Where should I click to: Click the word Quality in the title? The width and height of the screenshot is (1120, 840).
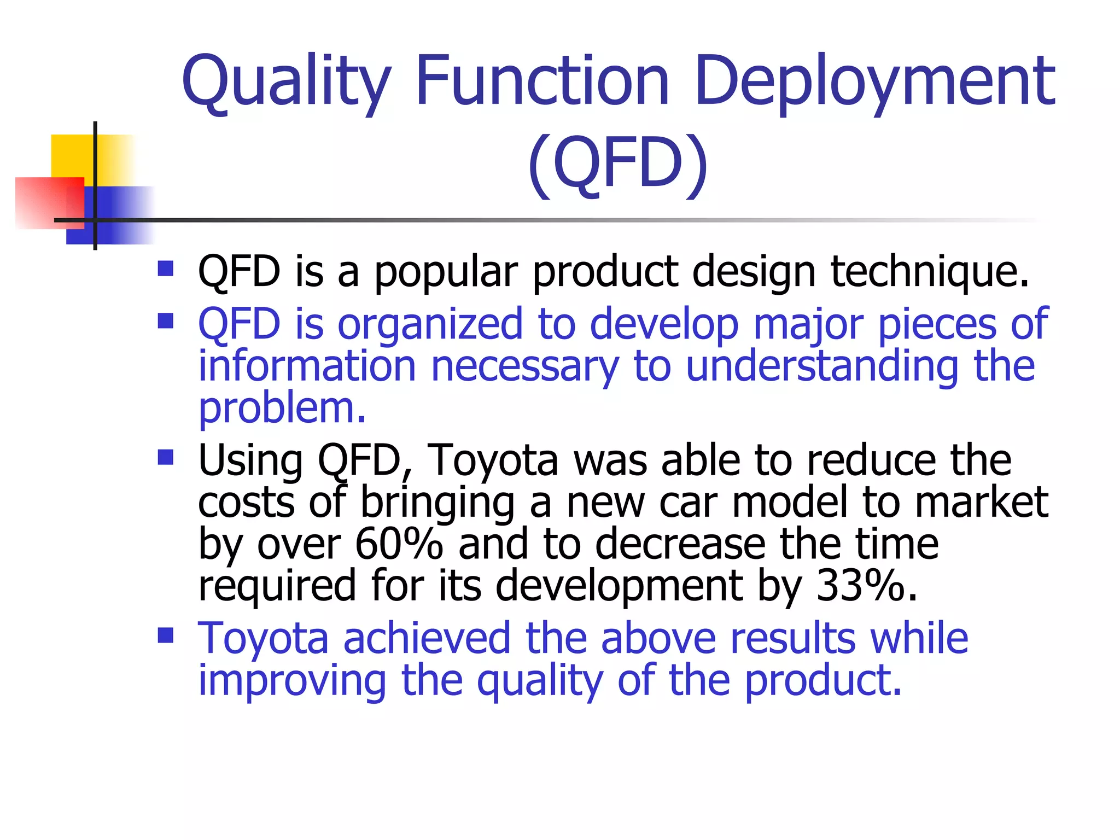(287, 82)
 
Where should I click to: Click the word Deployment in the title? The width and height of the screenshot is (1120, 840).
(875, 82)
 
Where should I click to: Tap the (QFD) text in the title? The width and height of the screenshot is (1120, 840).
(618, 164)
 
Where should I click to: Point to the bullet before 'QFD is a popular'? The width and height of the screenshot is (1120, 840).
(165, 269)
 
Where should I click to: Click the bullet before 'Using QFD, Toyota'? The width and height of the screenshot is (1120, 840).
(165, 457)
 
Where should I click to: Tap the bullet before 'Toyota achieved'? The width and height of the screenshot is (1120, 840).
(165, 635)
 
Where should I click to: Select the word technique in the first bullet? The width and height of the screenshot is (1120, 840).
(930, 272)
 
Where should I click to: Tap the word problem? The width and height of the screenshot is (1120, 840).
(282, 409)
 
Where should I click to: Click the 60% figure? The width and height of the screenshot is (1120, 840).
(399, 544)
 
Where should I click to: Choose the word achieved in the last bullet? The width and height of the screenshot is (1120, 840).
(427, 638)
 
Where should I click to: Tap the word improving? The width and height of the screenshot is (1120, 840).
(292, 681)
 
